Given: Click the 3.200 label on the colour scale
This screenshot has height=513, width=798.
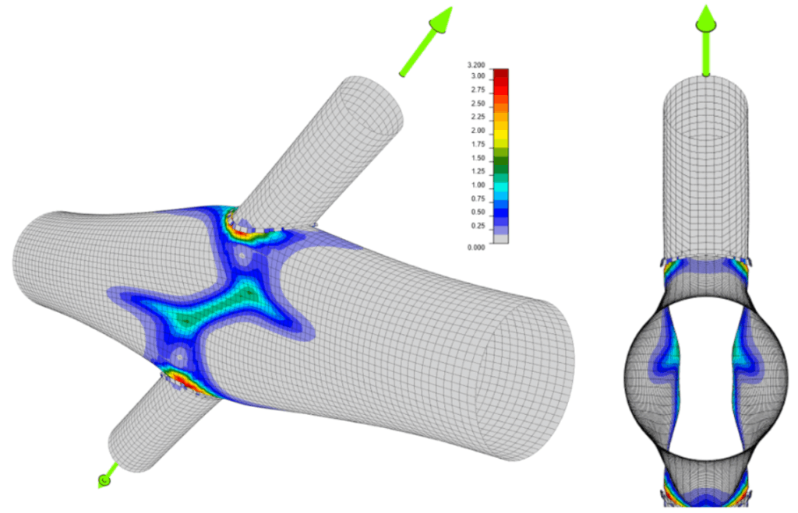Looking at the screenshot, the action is tap(476, 65).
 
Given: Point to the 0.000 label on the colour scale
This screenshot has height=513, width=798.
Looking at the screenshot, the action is tap(476, 248).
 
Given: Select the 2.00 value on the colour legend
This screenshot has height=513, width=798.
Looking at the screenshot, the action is tap(478, 131).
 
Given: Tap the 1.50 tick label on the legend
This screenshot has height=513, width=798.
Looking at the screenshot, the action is tap(478, 158).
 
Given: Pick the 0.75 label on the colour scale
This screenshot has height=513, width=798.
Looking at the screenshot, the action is tap(478, 199).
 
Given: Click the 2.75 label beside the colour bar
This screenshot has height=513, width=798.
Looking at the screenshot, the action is tap(478, 90).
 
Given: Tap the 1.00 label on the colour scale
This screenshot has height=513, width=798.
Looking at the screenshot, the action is tap(478, 185).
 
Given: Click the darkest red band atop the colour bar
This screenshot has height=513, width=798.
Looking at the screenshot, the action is tap(501, 72).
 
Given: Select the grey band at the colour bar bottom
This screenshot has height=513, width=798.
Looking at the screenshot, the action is tap(501, 238).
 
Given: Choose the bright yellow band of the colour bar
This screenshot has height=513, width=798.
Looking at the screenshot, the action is tap(501, 134).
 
